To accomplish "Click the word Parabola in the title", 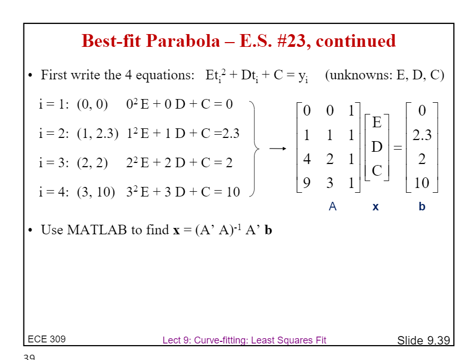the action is coord(183,41).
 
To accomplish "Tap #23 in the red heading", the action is coord(291,41).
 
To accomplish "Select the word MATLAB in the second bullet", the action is coord(97,230).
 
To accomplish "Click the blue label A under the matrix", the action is coord(332,206).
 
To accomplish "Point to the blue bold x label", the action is coord(375,207).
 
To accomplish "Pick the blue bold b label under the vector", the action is coord(422,206).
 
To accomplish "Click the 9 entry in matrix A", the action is coord(307,183).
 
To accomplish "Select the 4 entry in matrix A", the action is coord(307,159).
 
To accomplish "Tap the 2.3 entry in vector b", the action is coord(422,135).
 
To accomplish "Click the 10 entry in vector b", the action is coord(422,183).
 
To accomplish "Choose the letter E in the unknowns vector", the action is coord(377,122).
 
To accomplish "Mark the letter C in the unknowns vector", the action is coord(377,171).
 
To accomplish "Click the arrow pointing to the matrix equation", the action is coord(277,148).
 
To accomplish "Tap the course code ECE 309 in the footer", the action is coord(46,339).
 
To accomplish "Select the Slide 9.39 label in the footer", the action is coord(423,340).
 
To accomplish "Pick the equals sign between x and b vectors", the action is coord(398,148).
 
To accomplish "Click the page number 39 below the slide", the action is coord(29,357).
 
